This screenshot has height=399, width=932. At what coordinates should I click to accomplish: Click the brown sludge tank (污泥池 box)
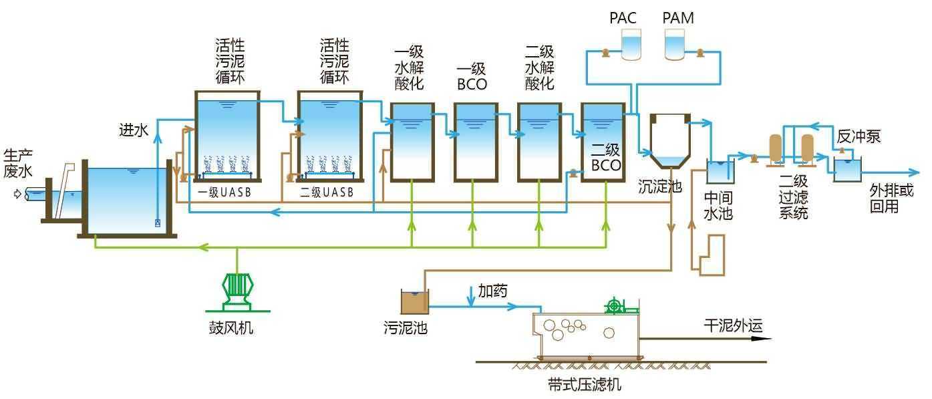click(414, 302)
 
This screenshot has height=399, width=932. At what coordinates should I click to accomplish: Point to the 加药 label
click(492, 291)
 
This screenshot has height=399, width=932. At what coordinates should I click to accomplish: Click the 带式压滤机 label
click(584, 384)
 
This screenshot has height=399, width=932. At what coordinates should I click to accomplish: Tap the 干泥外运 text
click(733, 325)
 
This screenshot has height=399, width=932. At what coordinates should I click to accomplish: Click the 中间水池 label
click(719, 206)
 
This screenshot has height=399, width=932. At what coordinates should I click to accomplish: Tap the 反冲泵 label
click(859, 137)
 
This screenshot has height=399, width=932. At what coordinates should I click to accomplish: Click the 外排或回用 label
click(891, 198)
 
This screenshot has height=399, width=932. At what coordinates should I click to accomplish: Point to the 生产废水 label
click(17, 162)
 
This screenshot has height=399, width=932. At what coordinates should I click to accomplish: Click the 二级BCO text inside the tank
click(606, 158)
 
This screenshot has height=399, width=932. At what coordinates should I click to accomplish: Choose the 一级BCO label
click(472, 76)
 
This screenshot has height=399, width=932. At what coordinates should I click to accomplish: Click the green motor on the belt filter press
click(614, 307)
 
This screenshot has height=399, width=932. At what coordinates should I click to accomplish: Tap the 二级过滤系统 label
click(794, 197)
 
